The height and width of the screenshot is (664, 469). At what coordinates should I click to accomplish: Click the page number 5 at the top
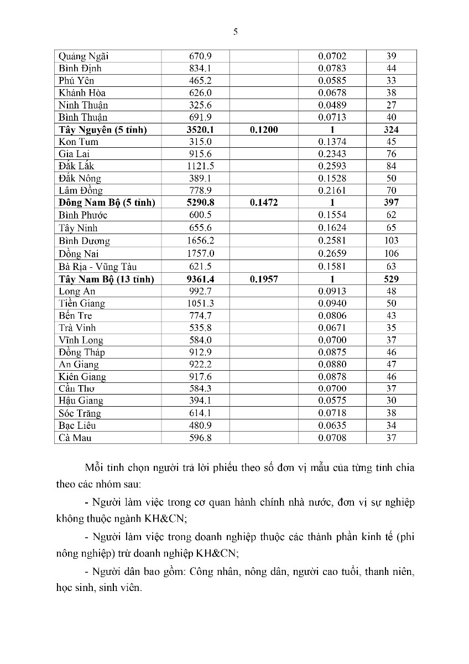(236, 32)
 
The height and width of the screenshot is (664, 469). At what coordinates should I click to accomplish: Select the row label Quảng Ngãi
(84, 56)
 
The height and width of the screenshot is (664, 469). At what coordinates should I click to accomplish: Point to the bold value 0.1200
(264, 129)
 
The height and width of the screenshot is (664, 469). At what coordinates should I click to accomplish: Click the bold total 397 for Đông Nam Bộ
(391, 203)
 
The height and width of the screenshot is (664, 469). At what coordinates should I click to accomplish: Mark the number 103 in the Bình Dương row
(391, 241)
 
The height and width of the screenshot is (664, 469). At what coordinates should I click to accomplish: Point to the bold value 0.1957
(264, 278)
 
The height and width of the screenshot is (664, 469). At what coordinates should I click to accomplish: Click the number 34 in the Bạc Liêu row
(391, 426)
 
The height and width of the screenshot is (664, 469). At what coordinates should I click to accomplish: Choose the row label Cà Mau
(75, 438)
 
